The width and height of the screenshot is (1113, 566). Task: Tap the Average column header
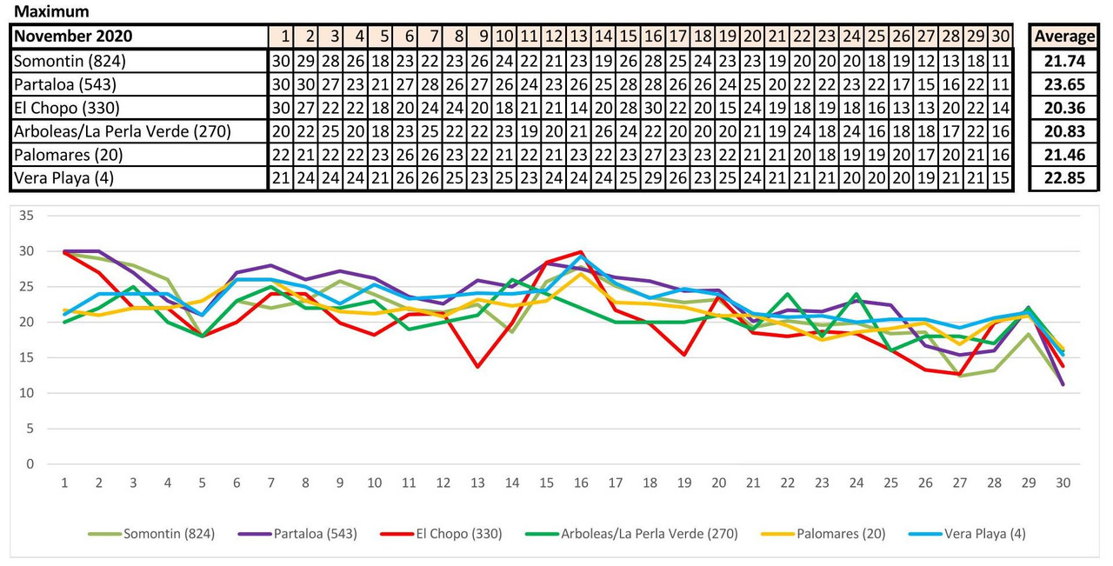coord(1063,37)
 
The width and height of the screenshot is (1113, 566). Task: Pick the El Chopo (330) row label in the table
coord(66,108)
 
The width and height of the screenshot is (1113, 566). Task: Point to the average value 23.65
coord(1063,84)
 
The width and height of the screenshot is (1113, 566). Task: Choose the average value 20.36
coord(1063,108)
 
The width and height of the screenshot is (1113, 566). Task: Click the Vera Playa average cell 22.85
coord(1063,178)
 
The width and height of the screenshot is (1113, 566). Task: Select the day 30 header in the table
coord(1001,37)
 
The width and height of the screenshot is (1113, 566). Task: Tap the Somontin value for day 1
coord(280,61)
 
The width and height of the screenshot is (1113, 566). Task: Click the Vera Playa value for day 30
coord(1001,178)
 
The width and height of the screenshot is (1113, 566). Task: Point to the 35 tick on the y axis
coord(30,216)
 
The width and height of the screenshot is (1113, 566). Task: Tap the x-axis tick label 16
coord(580,483)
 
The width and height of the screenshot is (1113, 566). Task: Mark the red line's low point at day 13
coord(477,367)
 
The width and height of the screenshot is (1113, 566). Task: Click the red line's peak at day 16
coord(580,252)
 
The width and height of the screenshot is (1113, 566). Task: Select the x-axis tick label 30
coord(1063,483)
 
